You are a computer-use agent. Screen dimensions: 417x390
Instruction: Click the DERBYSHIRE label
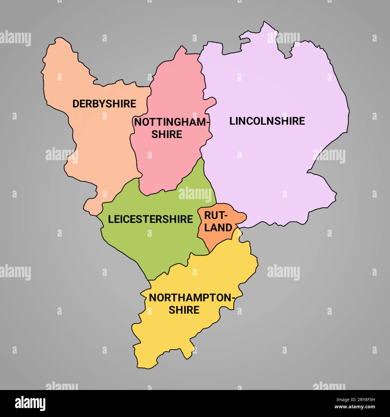tap(104, 104)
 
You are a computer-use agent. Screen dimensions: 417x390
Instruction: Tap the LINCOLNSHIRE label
tap(267, 121)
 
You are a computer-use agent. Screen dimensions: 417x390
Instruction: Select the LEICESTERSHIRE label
tap(150, 219)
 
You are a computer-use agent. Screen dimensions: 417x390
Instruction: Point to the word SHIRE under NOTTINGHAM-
tap(166, 134)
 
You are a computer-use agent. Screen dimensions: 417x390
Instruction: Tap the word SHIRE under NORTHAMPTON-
tap(184, 310)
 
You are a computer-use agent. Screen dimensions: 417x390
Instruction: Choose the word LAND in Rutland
tap(218, 227)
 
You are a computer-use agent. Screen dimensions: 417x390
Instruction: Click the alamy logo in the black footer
tap(30, 403)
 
